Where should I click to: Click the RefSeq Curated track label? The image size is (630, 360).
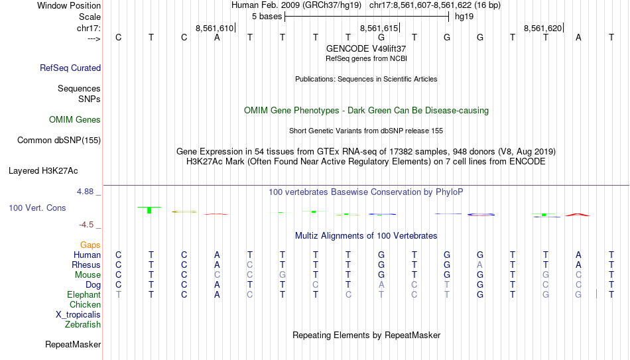tap(70, 68)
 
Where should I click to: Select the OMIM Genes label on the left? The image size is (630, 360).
tap(75, 120)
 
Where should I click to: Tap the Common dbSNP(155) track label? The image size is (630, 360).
tap(59, 141)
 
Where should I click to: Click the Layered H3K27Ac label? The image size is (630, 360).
tap(43, 171)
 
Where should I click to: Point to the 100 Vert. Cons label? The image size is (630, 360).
tap(37, 208)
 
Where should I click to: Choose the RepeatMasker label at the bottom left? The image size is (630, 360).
tap(73, 344)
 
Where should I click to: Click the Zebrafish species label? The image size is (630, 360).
tap(83, 324)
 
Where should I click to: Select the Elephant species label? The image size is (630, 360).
tap(84, 294)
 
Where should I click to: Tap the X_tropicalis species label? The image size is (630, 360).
tap(78, 315)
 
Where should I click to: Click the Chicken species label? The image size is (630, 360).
tap(85, 304)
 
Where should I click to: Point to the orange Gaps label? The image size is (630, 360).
tap(90, 245)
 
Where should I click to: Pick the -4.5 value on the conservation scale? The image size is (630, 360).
tap(86, 225)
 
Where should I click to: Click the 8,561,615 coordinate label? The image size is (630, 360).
tap(379, 28)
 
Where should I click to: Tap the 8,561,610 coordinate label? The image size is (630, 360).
tap(214, 28)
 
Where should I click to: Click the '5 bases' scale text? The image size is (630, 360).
tap(267, 17)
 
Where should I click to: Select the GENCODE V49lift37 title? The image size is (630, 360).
tap(366, 48)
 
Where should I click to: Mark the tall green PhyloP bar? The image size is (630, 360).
tap(149, 210)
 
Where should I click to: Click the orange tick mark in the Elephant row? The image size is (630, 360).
tap(597, 294)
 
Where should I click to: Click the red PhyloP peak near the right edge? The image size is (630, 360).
tap(578, 215)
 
